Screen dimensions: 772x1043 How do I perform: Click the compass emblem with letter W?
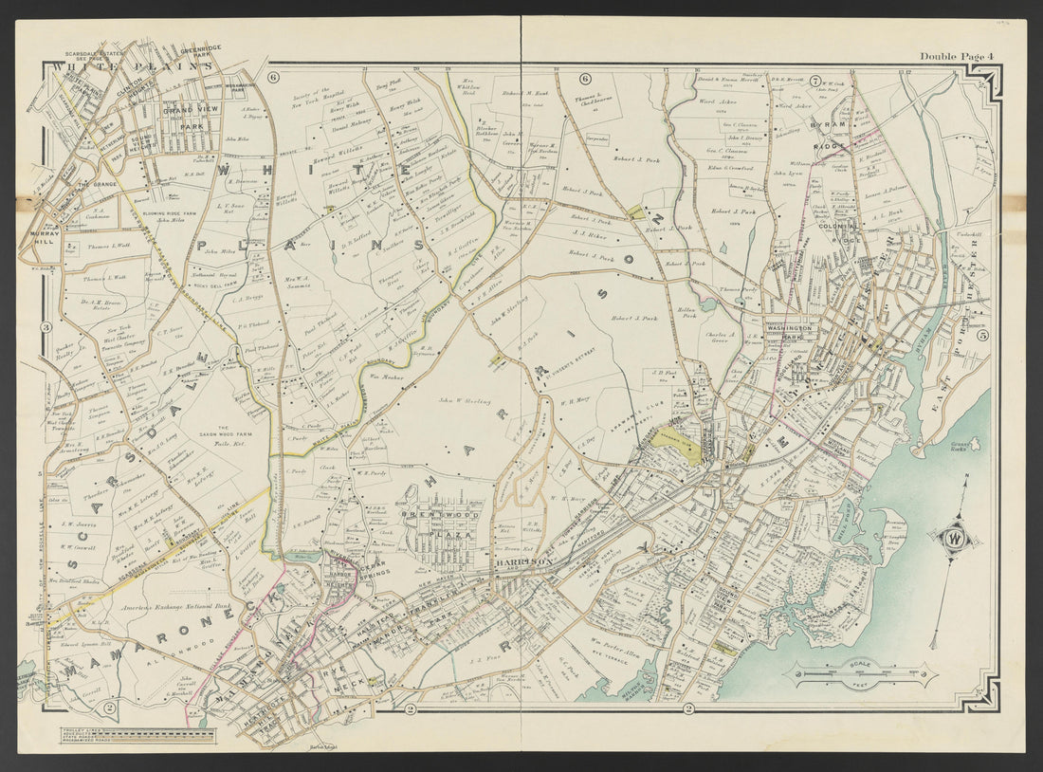point(953,540)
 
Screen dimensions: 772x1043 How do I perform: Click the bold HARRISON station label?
point(521,561)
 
